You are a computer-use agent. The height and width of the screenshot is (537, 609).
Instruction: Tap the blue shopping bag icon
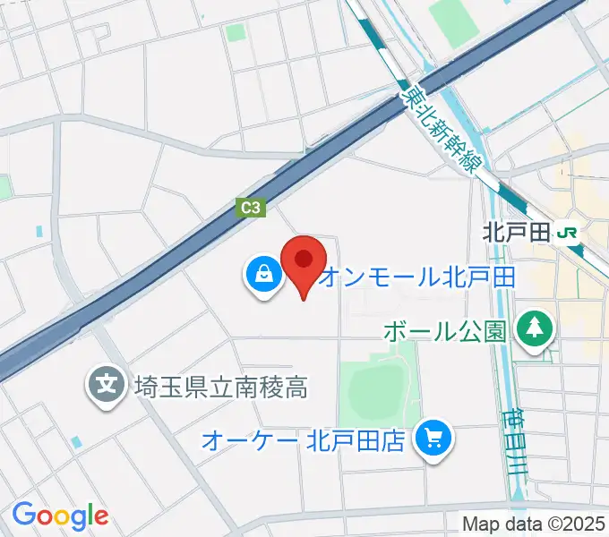[263, 275]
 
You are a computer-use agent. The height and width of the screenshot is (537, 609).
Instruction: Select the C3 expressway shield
[252, 208]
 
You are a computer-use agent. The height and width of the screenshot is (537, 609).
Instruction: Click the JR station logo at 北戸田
[567, 233]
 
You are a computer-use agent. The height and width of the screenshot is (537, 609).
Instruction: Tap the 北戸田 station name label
[515, 233]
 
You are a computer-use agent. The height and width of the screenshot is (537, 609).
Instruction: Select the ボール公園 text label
[445, 330]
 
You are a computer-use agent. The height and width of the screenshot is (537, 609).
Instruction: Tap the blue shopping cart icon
[434, 438]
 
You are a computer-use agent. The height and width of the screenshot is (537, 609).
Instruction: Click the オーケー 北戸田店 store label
[304, 439]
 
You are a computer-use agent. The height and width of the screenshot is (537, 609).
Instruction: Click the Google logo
[60, 516]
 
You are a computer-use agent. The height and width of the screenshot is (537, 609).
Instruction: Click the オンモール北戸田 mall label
[416, 277]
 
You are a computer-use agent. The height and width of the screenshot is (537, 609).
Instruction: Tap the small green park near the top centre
[236, 33]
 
